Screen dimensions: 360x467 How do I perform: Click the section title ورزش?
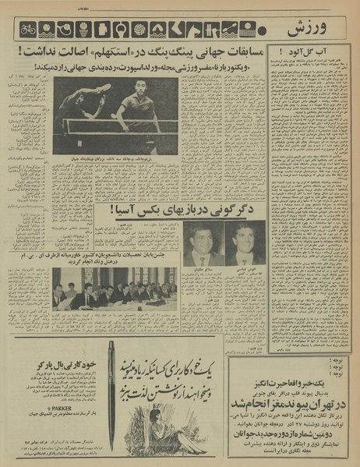311,29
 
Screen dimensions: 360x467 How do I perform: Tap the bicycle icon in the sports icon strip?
27,30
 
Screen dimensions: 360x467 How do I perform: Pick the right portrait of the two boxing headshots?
244,243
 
